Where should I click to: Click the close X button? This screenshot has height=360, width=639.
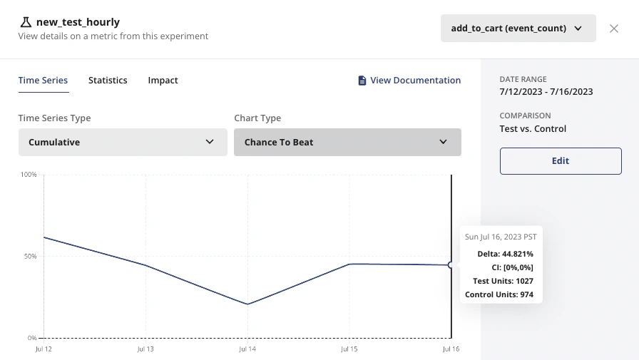point(614,29)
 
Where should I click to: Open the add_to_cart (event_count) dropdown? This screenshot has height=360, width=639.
point(518,29)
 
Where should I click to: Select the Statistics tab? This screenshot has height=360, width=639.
point(108,81)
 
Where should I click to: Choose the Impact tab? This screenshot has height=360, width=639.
point(163,81)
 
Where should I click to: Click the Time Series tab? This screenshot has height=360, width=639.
point(43,81)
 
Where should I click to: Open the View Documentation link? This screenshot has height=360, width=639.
point(409,81)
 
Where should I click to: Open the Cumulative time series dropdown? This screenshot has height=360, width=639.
point(122,142)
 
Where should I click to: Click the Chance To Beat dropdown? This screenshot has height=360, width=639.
point(347,142)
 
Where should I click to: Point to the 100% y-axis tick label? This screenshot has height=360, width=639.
point(29,175)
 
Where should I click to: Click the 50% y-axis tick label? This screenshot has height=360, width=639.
point(30,256)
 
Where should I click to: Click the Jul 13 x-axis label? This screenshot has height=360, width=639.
point(145,349)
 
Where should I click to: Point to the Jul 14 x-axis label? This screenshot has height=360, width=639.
point(247,349)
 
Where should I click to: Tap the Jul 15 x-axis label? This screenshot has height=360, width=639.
point(349,349)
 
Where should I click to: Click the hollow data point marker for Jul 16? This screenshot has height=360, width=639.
point(451,265)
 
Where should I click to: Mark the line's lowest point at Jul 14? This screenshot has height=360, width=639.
point(247,304)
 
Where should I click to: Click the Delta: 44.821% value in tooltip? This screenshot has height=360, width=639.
point(506,254)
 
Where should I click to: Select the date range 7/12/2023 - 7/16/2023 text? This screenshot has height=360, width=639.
point(546,92)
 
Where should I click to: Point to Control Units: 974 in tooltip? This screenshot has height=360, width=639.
point(499,294)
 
